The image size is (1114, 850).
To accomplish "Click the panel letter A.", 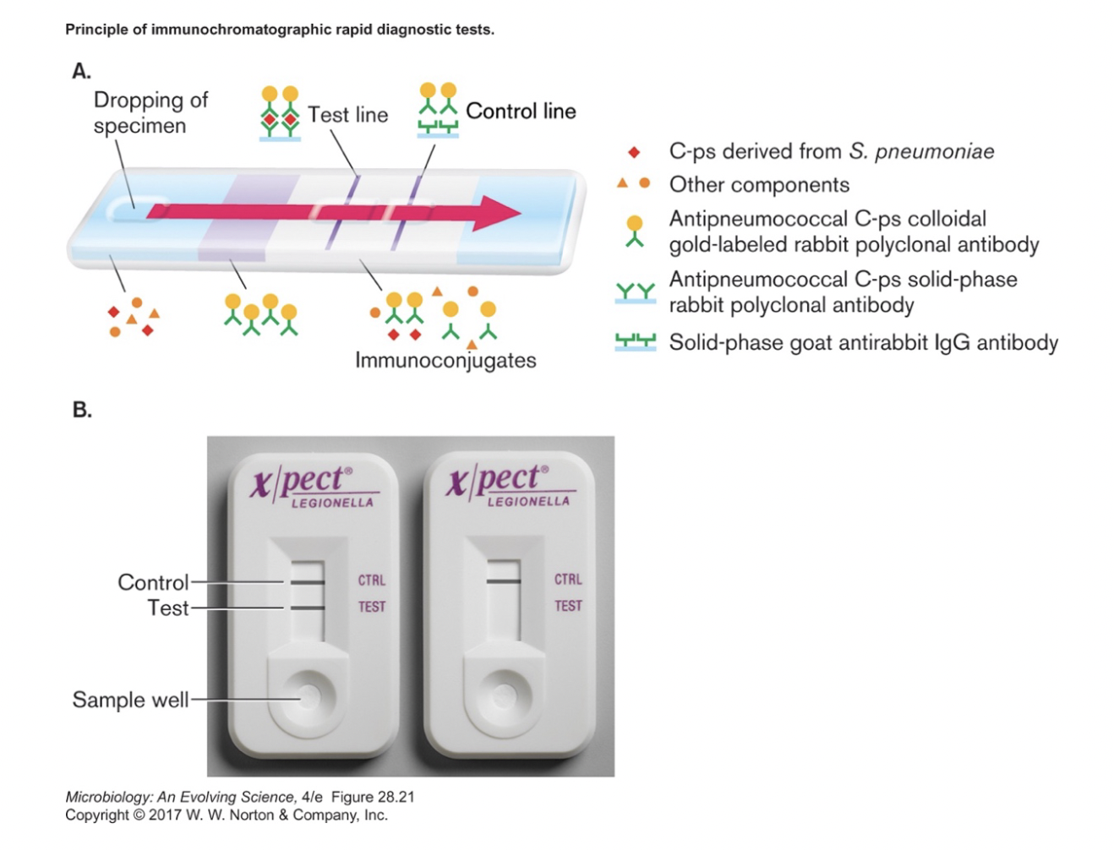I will coord(81,71).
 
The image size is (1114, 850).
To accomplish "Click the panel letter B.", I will coord(81,410).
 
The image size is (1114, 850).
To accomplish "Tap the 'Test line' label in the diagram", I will coord(347,114).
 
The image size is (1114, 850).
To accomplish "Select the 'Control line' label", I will coord(521,111).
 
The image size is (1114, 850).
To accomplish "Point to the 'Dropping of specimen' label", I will coord(150,112).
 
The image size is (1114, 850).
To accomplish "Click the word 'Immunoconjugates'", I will coord(445,361).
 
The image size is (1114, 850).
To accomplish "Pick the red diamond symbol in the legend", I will coord(634,152).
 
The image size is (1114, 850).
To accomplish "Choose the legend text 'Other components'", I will coord(759,185).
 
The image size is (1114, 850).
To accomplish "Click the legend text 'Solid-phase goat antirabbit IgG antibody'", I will coord(863,342).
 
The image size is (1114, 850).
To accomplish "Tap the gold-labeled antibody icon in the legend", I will coord(634,231).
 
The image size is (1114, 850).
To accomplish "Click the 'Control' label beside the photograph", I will coord(153,582).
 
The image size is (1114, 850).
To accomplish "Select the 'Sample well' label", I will coord(130,700).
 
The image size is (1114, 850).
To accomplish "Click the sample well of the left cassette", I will coord(308,697).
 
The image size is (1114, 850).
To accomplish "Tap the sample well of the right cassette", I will coord(504,696).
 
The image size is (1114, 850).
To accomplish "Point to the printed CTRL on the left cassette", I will coord(371,580).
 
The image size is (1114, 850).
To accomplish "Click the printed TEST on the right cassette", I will coord(568,606).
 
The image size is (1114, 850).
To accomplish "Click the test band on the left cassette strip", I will coord(308,608).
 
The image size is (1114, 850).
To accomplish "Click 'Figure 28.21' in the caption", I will coord(373,797).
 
